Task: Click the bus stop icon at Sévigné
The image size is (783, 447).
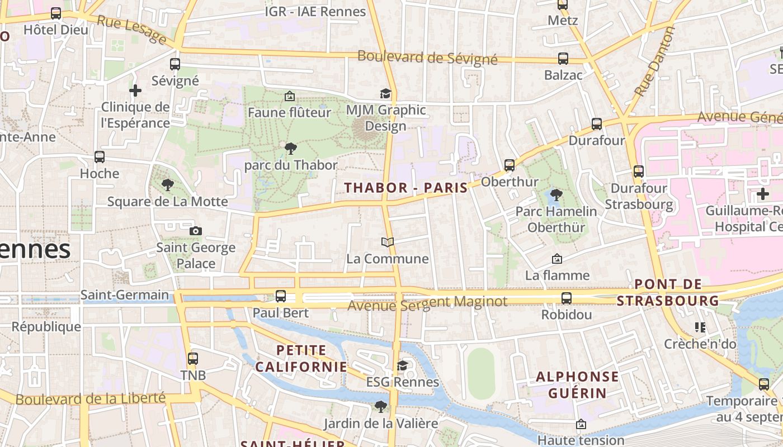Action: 175,64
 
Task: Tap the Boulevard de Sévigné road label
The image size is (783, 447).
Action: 427,58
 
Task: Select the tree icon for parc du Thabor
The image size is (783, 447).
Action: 290,149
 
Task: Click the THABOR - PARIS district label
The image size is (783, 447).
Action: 405,188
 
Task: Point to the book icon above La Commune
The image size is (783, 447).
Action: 388,242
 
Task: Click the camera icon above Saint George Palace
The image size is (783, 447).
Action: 195,231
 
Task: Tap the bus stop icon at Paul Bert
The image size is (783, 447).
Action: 281,296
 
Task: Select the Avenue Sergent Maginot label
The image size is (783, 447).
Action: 427,303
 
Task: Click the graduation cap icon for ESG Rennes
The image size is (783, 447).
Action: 402,365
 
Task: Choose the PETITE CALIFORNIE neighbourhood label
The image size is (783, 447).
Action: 301,359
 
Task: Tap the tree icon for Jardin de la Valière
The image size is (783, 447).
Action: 381,406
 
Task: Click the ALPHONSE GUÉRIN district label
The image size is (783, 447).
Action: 577,385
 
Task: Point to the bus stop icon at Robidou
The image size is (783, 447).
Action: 567,298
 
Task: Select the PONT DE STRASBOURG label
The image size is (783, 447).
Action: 668,292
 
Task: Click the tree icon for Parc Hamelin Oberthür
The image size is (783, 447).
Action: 556,195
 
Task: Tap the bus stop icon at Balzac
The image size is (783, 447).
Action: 563,59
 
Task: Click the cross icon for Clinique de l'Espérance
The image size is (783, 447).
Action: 135,90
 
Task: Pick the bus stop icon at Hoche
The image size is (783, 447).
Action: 100,157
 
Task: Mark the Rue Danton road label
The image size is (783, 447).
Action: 655,61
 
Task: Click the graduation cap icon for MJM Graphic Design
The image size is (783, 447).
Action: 385,93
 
